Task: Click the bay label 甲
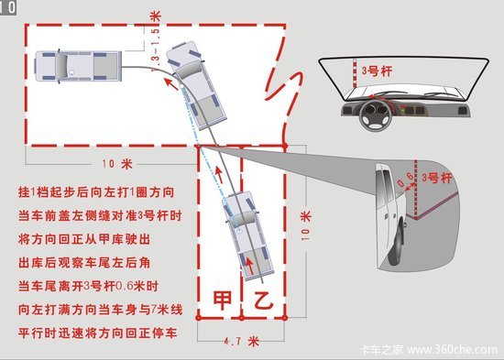click(223, 300)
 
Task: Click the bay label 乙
click(263, 300)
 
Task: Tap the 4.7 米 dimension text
click(242, 341)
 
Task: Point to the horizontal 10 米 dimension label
click(117, 164)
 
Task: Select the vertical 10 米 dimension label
click(306, 225)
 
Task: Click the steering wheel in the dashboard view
click(376, 115)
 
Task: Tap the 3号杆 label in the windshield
click(377, 71)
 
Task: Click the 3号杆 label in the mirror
click(437, 178)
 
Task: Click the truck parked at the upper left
click(79, 67)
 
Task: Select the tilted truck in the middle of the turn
click(196, 85)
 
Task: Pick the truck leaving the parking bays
click(247, 235)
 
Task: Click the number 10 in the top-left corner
click(7, 7)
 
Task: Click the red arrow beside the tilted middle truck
click(171, 84)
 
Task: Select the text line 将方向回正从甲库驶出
click(84, 239)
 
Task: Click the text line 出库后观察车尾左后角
click(84, 263)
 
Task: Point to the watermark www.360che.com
click(452, 349)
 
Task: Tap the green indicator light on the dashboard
click(402, 111)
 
